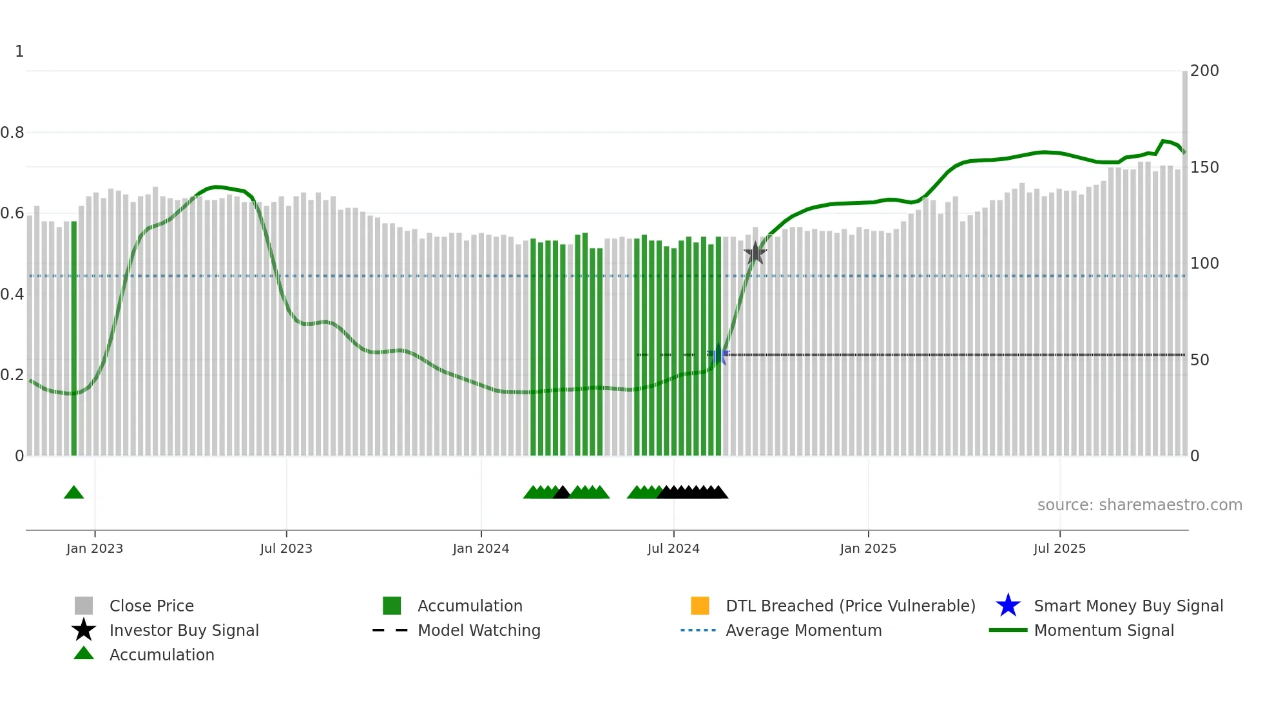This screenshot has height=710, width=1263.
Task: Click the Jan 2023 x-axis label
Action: pyautogui.click(x=95, y=548)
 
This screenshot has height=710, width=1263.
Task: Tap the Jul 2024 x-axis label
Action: pyautogui.click(x=673, y=548)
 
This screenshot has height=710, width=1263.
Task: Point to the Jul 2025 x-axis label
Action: pyautogui.click(x=1059, y=548)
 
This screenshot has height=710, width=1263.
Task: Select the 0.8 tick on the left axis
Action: pyautogui.click(x=13, y=133)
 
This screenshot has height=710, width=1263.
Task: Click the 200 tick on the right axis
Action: pyautogui.click(x=1204, y=71)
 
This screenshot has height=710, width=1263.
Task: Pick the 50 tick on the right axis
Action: pyautogui.click(x=1199, y=360)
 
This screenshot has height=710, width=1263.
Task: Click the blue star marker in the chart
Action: pyautogui.click(x=719, y=355)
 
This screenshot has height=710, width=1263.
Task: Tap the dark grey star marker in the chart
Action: pyautogui.click(x=755, y=253)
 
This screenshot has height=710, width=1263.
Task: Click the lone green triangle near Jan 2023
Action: pyautogui.click(x=74, y=493)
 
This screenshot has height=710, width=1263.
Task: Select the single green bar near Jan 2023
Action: pyautogui.click(x=74, y=338)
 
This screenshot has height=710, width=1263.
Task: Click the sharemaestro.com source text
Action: pyautogui.click(x=1139, y=505)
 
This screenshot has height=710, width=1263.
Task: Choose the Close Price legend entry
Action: pyautogui.click(x=151, y=606)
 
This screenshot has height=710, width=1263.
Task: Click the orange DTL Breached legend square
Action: pyautogui.click(x=700, y=606)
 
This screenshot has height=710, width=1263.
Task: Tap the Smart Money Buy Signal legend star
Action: pyautogui.click(x=1008, y=606)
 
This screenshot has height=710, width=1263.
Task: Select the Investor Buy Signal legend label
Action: pyautogui.click(x=184, y=631)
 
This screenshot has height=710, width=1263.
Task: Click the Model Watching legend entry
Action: pyautogui.click(x=478, y=631)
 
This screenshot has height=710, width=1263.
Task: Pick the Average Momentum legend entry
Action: pyautogui.click(x=803, y=631)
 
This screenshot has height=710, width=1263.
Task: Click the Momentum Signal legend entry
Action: pyautogui.click(x=1103, y=631)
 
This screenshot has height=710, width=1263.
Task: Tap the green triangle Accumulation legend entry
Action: pyautogui.click(x=84, y=654)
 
